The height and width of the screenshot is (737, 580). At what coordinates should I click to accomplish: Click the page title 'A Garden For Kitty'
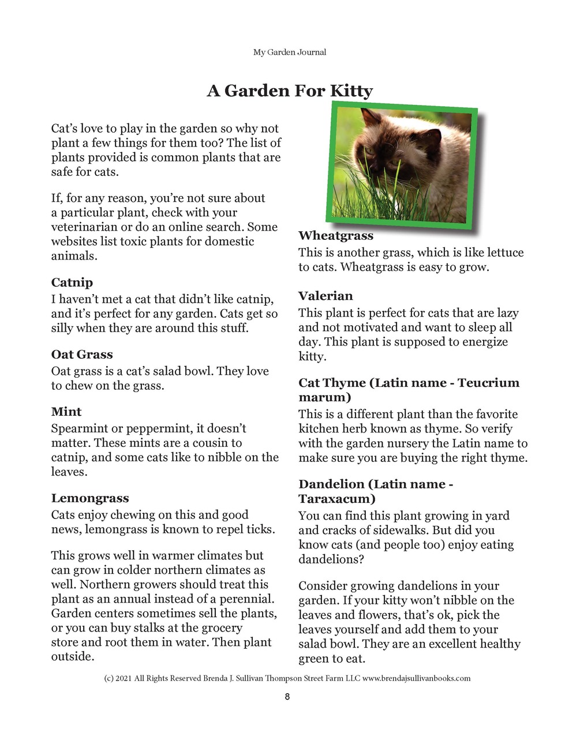290,91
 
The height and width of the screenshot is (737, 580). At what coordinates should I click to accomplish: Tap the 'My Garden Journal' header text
290,52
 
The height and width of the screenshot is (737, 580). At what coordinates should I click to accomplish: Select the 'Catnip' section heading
72,283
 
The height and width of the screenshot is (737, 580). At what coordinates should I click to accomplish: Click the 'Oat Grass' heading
82,355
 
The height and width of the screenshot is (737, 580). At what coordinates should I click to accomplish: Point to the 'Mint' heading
66,412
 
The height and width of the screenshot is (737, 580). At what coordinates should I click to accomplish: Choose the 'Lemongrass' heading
90,498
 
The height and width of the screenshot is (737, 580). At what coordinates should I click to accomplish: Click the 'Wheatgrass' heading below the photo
336,236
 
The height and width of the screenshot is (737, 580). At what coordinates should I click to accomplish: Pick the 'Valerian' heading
325,296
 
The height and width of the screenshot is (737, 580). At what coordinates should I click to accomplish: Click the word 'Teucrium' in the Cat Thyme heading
488,383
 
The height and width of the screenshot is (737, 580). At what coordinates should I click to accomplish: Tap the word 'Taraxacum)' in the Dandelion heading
337,499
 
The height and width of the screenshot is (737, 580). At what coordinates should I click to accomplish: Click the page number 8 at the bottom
287,697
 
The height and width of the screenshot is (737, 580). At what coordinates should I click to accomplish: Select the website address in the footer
416,679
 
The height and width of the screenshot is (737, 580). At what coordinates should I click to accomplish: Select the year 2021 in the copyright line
124,679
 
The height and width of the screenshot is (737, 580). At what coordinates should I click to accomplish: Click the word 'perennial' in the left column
246,599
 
